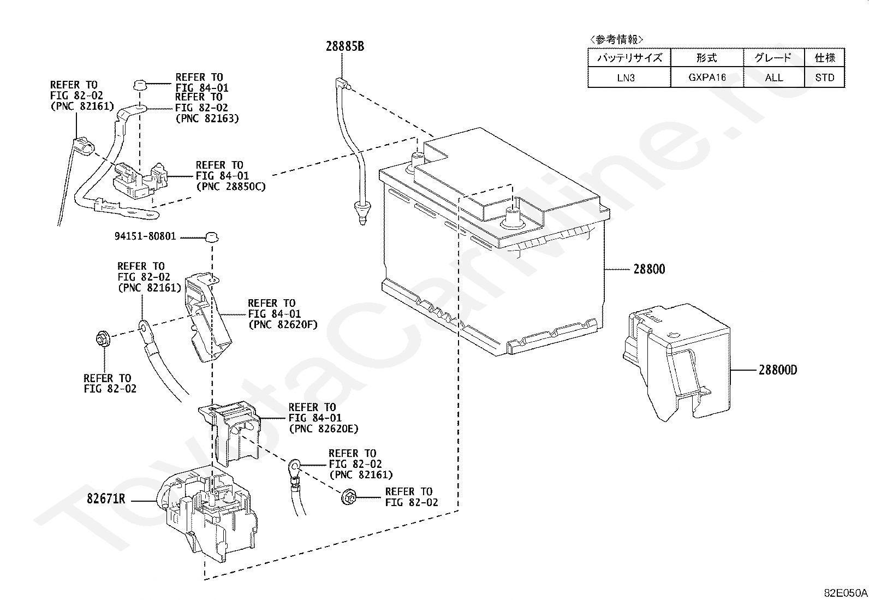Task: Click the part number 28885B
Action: coord(345,46)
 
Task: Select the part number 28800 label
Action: coord(649,269)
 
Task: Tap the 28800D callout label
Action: coord(777,370)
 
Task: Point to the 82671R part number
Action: coord(106,499)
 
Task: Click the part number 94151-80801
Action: coord(145,237)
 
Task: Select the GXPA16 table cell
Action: coord(706,78)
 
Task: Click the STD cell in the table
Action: coord(824,78)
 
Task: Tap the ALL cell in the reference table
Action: coord(773,78)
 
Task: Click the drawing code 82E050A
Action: coord(846,592)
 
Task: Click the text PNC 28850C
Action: coord(231,187)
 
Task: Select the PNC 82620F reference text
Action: coord(282,325)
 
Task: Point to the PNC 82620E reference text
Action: coord(324,429)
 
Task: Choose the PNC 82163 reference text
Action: coord(207,118)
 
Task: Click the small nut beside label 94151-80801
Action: coord(211,237)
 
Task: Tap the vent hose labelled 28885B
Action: coord(350,147)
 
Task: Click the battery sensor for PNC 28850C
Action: coord(139,179)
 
